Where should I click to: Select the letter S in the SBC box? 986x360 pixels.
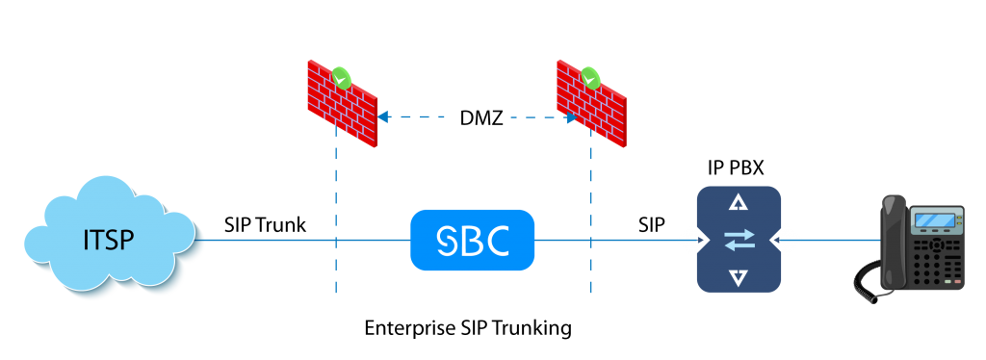tap(449, 241)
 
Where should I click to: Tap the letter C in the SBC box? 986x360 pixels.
tap(496, 241)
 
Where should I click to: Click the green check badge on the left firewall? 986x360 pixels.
tap(341, 76)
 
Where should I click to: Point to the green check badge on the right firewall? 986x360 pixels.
tap(589, 76)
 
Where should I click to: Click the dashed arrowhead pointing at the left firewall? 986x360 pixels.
tap(382, 117)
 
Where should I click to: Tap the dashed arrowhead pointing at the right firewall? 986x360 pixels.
tap(571, 117)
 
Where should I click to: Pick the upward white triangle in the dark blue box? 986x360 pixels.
tap(739, 202)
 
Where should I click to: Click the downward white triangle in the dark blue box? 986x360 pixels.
tap(739, 278)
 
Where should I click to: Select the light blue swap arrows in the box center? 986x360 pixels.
tap(739, 240)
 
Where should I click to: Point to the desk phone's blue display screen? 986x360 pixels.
tap(936, 220)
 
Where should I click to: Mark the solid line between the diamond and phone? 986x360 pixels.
tap(838, 240)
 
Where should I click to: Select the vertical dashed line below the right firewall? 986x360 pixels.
tap(591, 221)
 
